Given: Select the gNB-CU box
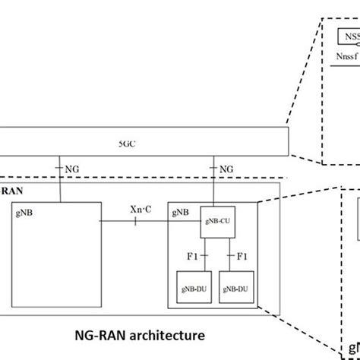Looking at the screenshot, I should point(213,221).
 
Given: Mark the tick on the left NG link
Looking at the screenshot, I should point(58,168).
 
